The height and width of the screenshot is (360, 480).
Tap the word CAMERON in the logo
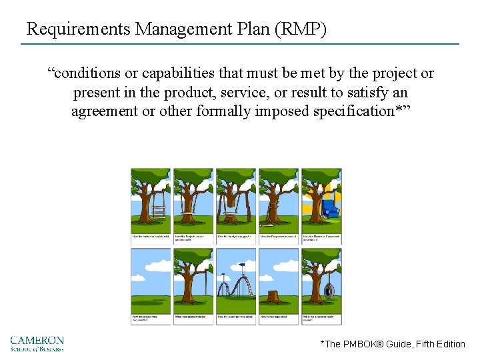point(37,340)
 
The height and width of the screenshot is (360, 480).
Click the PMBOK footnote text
point(393,344)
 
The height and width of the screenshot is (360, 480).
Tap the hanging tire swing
point(329,291)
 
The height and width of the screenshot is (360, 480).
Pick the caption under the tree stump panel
point(279,318)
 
